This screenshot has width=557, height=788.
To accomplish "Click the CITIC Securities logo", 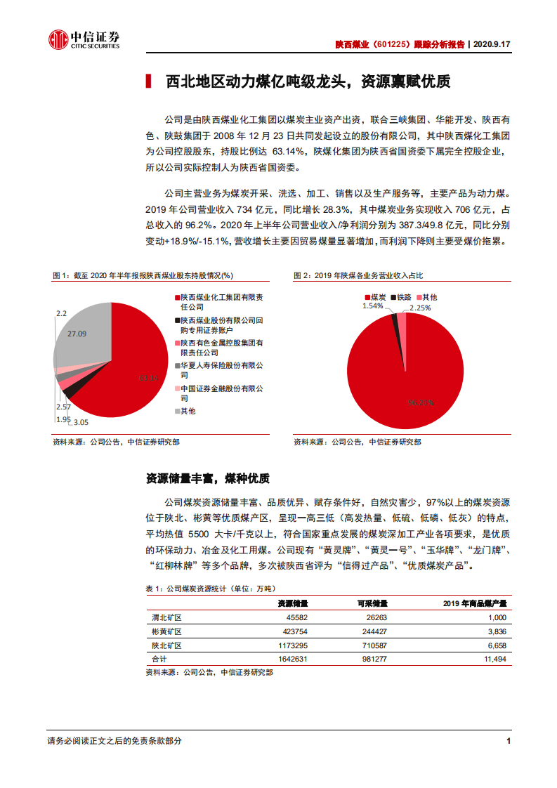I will (83, 41).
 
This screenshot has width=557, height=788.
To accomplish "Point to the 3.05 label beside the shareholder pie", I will (81, 422).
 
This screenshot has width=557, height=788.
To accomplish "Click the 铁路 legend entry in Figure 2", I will (402, 298).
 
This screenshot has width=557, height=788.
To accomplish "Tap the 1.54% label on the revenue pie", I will (373, 306).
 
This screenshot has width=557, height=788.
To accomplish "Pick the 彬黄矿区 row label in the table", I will (166, 631).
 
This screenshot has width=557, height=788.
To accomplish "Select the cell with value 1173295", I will (292, 645).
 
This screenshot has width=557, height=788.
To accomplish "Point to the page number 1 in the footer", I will (508, 741).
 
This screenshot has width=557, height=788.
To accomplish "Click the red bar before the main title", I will (148, 81).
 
